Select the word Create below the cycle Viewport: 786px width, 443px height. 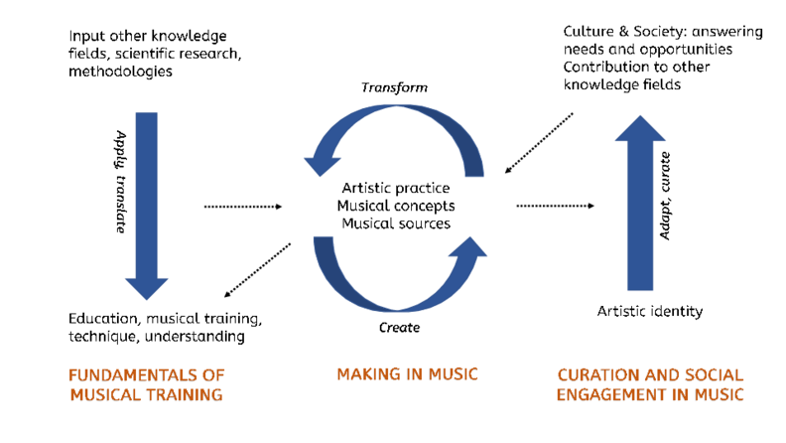pos(399,327)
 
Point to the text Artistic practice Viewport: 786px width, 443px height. pos(395,188)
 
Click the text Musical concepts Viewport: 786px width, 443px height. pos(395,206)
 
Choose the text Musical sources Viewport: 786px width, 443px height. pos(395,223)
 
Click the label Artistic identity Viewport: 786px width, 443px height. pos(650,311)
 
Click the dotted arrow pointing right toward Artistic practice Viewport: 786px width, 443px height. pos(242,207)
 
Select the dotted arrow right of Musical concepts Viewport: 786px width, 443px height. pos(555,207)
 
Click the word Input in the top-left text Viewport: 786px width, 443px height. pos(88,36)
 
